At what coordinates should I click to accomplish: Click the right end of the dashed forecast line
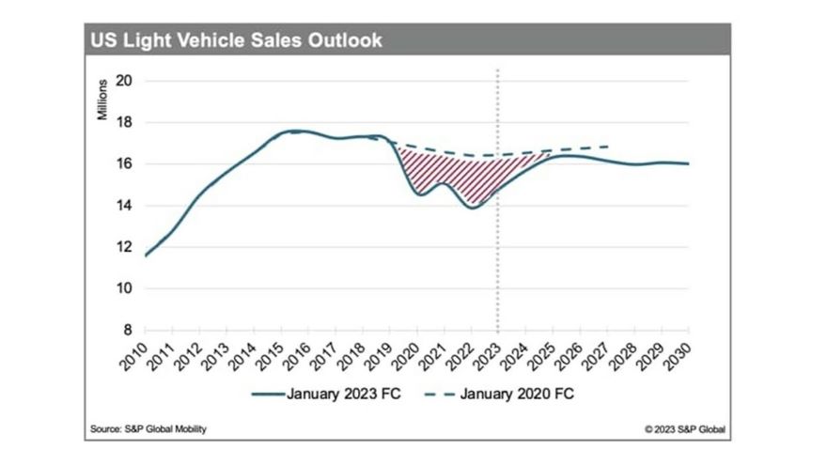610,147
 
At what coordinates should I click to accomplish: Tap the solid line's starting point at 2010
146,256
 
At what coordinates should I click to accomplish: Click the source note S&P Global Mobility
147,429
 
